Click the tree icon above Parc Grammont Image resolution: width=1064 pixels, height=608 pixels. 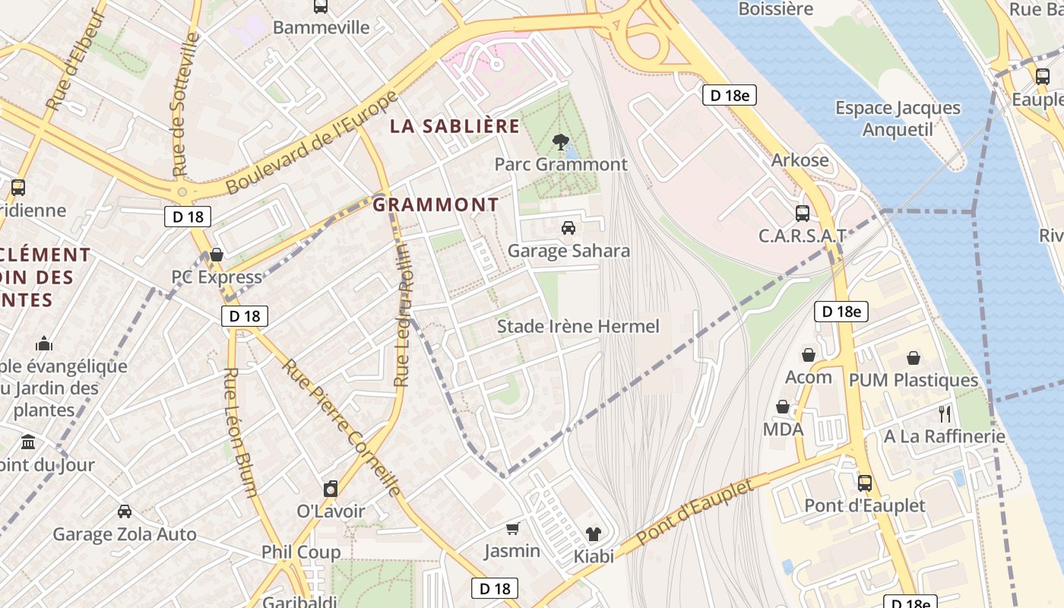561,141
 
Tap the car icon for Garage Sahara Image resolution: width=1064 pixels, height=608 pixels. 568,227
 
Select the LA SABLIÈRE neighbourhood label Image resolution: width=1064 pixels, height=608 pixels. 454,126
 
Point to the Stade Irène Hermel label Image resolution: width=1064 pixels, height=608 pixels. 578,326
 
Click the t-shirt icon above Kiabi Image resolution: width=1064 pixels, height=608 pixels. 593,534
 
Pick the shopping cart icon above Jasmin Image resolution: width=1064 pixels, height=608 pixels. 513,528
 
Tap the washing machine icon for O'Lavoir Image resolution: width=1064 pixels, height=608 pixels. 331,489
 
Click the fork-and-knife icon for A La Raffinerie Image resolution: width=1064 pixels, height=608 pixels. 945,414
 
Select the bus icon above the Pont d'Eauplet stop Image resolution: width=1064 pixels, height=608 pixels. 864,483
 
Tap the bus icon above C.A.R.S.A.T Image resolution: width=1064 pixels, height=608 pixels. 802,214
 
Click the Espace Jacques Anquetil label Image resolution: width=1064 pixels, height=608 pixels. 898,119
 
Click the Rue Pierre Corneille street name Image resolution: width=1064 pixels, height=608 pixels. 342,428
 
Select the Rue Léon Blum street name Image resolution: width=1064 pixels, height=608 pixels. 239,432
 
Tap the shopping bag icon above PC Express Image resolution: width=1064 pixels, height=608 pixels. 217,255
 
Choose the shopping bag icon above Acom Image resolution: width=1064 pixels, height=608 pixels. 809,355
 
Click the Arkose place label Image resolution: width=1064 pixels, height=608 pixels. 800,160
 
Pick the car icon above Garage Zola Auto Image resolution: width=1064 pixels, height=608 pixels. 125,511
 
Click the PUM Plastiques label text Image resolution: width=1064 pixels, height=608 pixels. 913,379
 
